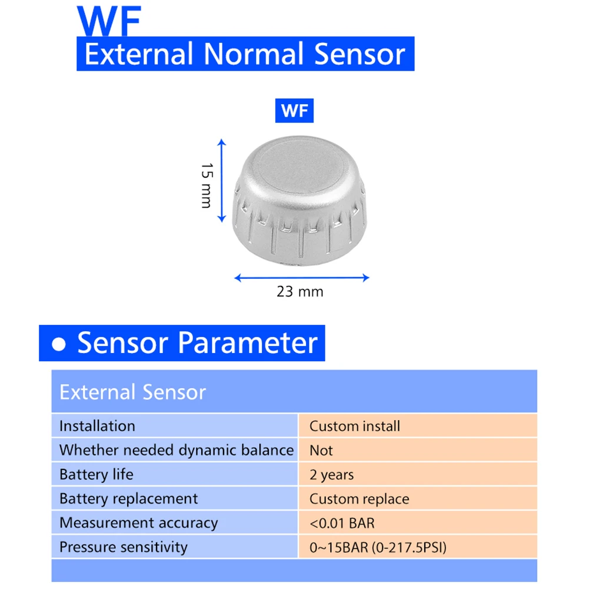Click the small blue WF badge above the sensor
[294, 111]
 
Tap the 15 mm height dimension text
[207, 185]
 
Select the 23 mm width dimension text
[300, 291]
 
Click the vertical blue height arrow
[222, 180]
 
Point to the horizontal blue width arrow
[302, 278]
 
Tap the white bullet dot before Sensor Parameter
[59, 344]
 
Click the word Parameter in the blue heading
[248, 343]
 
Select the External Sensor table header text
[132, 392]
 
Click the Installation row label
[97, 426]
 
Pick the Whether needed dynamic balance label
[177, 450]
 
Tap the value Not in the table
[321, 450]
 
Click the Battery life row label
[96, 474]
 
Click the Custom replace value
[359, 499]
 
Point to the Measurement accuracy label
[139, 523]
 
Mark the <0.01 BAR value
[342, 523]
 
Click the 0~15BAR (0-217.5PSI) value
[378, 547]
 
